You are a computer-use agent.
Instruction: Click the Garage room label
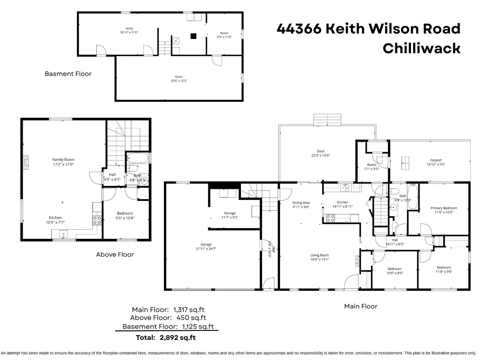pyautogui.click(x=206, y=244)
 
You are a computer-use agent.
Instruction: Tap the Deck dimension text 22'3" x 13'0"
pyautogui.click(x=320, y=155)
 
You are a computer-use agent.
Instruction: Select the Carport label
pyautogui.click(x=436, y=160)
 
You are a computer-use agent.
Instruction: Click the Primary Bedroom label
pyautogui.click(x=444, y=208)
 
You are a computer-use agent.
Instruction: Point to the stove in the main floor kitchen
pyautogui.click(x=330, y=218)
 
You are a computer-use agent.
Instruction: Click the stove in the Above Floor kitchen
pyautogui.click(x=97, y=220)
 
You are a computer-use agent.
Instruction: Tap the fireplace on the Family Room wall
pyautogui.click(x=26, y=163)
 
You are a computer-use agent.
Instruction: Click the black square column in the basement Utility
pyautogui.click(x=193, y=36)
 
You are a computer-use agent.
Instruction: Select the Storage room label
pyautogui.click(x=229, y=213)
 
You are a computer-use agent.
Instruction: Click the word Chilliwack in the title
pyautogui.click(x=421, y=48)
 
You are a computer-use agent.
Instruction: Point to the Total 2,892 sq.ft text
pyautogui.click(x=166, y=337)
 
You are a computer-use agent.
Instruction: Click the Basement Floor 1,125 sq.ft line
pyautogui.click(x=168, y=326)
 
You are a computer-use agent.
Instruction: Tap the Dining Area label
pyautogui.click(x=301, y=203)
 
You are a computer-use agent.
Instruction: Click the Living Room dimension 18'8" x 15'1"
pyautogui.click(x=319, y=259)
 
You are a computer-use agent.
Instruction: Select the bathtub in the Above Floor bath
pyautogui.click(x=137, y=158)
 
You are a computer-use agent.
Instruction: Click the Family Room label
pyautogui.click(x=63, y=160)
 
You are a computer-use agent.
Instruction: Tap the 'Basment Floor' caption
pyautogui.click(x=68, y=74)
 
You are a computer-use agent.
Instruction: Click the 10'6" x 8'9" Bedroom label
pyautogui.click(x=394, y=271)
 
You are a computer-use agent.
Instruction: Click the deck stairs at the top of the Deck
pyautogui.click(x=327, y=119)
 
